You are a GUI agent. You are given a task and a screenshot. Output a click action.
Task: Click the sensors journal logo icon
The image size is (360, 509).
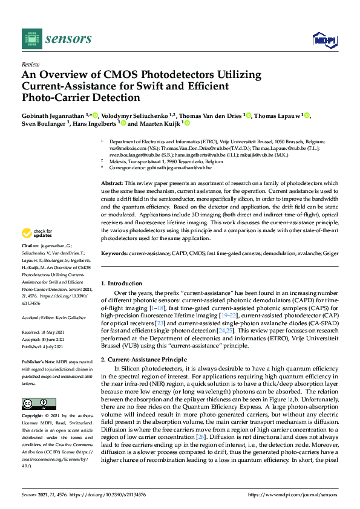point(30,39)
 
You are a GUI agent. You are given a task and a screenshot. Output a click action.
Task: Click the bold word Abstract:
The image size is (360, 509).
point(112,183)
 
